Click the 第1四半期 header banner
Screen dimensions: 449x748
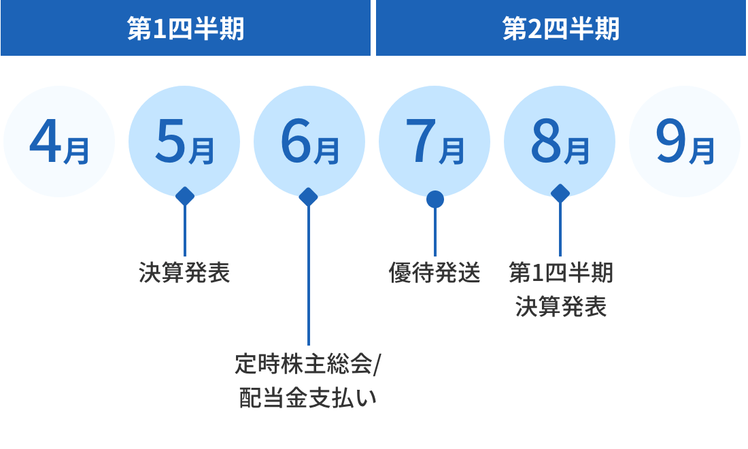[x=185, y=29]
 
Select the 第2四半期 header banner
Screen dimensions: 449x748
[x=561, y=29]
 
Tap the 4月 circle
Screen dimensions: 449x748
[x=60, y=142]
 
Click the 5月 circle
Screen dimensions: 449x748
[x=184, y=142]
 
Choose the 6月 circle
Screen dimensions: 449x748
[x=309, y=142]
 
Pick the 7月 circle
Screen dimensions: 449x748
[x=435, y=142]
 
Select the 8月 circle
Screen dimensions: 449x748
[x=560, y=142]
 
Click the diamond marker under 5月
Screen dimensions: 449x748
[x=185, y=196]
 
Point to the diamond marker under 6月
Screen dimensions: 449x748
[x=309, y=197]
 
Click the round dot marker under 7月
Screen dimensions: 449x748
[x=435, y=199]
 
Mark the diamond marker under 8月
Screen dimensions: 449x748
[x=560, y=193]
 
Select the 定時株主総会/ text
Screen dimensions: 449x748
[x=309, y=365]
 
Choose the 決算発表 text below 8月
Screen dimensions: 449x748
[x=560, y=307]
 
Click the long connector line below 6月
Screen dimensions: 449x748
[x=309, y=272]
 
